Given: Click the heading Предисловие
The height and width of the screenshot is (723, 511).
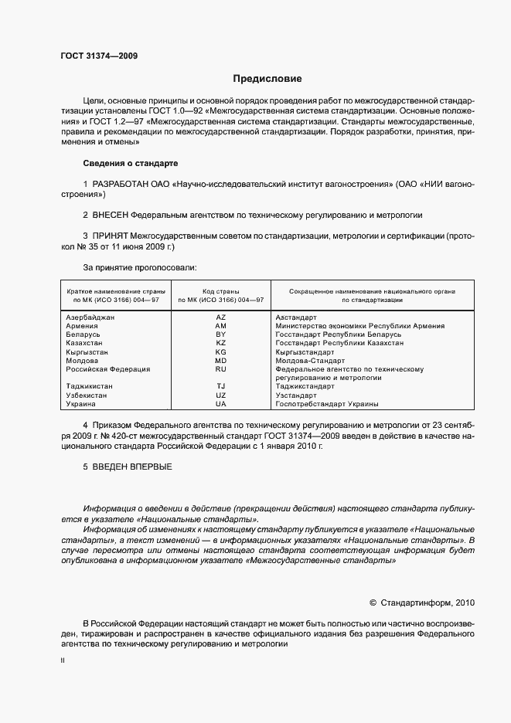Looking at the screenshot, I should point(267,79).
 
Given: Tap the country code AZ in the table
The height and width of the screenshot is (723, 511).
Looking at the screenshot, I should point(220,317).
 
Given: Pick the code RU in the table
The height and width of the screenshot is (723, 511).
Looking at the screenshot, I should point(220,369).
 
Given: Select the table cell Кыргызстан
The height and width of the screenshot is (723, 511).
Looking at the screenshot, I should point(90,351).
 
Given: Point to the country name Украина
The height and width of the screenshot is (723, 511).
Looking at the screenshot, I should point(81,404).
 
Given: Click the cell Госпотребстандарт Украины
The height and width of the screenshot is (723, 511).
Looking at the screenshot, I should point(326,404).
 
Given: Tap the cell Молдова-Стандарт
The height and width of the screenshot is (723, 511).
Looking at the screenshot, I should point(309,361).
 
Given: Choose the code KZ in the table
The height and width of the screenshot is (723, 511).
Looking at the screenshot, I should point(220,343).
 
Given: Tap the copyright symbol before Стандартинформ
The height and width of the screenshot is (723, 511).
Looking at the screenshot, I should point(373,602).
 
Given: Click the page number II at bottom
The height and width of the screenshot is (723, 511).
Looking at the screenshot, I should point(63,661).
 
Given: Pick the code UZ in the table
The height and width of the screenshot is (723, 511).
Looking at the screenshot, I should point(220,395).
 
